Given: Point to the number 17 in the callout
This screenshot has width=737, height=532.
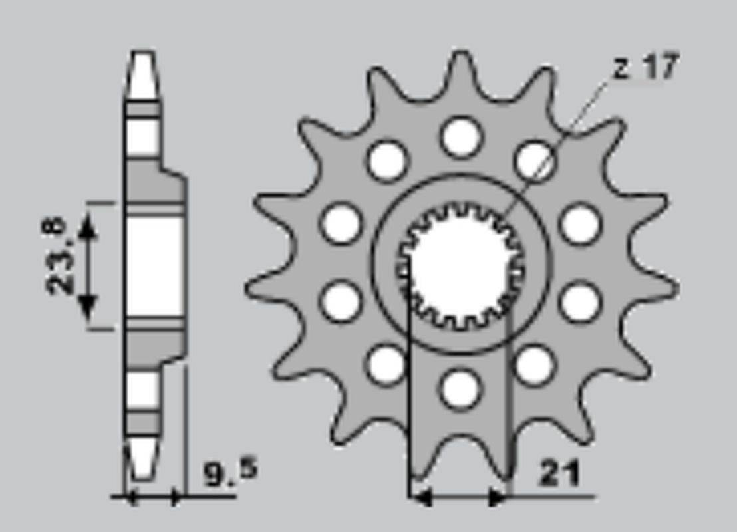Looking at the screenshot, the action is coord(661,66).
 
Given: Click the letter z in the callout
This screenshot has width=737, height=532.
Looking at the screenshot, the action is coord(621,70).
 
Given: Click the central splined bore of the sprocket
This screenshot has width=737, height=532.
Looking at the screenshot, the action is coord(460,265).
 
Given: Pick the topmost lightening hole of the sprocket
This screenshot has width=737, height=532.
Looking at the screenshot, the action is coord(462,137).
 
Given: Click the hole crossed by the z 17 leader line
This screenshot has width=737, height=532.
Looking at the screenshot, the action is coord(534,160).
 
